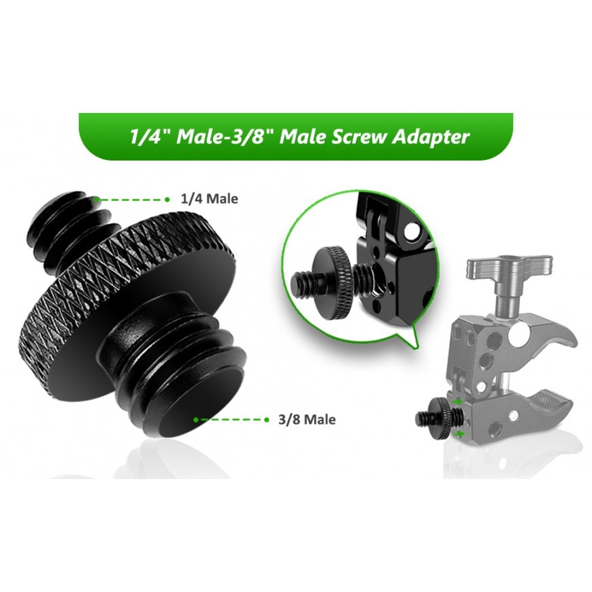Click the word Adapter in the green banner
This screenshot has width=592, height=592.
(431, 137)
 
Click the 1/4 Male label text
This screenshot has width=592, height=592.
(210, 199)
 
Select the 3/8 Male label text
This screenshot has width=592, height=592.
(307, 419)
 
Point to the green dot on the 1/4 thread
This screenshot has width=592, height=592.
(97, 199)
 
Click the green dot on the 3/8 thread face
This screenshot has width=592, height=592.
(195, 419)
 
